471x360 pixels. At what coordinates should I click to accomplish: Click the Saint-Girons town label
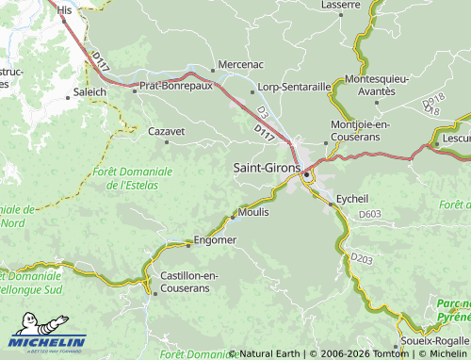click(267, 166)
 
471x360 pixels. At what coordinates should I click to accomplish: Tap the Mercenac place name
click(240, 65)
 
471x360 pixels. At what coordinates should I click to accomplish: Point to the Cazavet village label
click(166, 132)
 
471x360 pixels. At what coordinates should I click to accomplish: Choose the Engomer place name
click(215, 240)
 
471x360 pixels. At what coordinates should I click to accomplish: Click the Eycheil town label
click(352, 199)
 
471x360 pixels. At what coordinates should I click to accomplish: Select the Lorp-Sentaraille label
click(294, 87)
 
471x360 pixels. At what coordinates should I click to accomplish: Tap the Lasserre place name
click(340, 5)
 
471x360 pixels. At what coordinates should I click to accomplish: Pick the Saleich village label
click(89, 94)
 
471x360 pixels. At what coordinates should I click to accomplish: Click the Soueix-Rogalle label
click(434, 339)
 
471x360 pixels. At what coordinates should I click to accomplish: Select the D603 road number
click(370, 215)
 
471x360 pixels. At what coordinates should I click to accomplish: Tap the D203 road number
click(362, 257)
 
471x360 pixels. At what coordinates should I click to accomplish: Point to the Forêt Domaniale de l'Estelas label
click(133, 178)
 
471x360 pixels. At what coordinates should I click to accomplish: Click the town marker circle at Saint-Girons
click(307, 174)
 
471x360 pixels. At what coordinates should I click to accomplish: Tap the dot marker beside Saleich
click(68, 95)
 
